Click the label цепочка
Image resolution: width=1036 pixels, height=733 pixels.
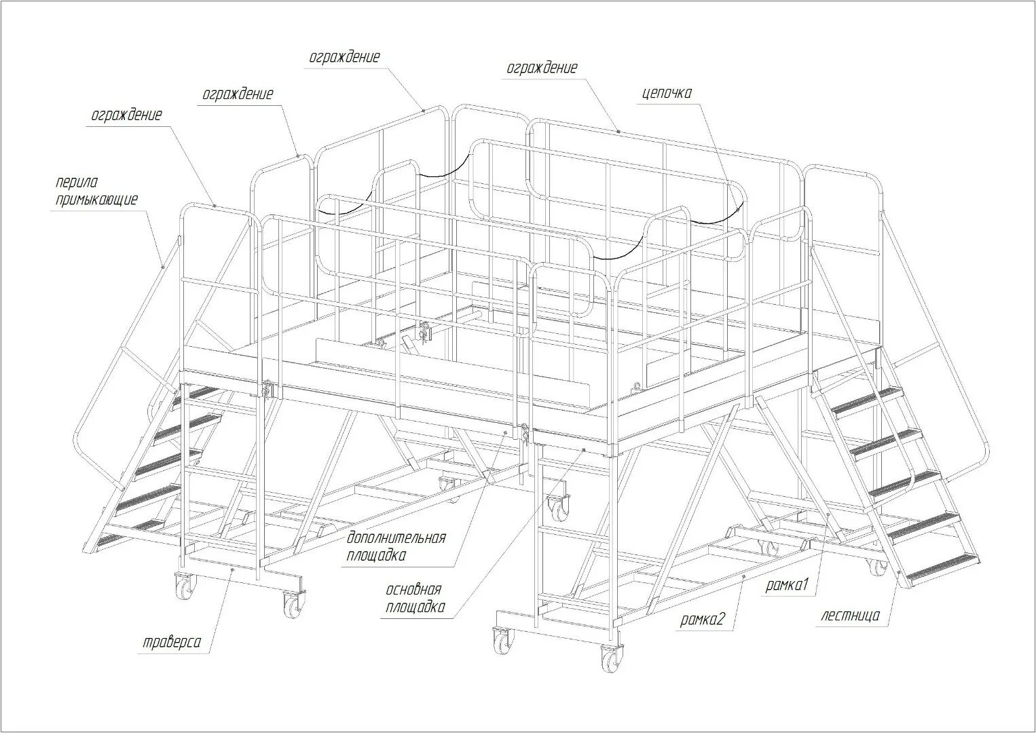(667, 93)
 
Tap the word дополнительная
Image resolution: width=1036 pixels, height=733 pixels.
(396, 538)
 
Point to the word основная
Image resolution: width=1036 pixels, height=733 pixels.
(413, 589)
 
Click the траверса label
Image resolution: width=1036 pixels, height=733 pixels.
(172, 642)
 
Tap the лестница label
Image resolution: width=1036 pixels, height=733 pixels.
(850, 616)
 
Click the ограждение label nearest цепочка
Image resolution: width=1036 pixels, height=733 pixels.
(542, 68)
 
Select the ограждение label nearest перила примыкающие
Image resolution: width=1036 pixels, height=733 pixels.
(126, 115)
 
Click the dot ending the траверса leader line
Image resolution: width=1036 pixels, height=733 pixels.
(232, 571)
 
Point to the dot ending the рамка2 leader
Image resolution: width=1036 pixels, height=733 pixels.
(744, 575)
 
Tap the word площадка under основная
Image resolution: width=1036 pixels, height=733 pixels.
(415, 606)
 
